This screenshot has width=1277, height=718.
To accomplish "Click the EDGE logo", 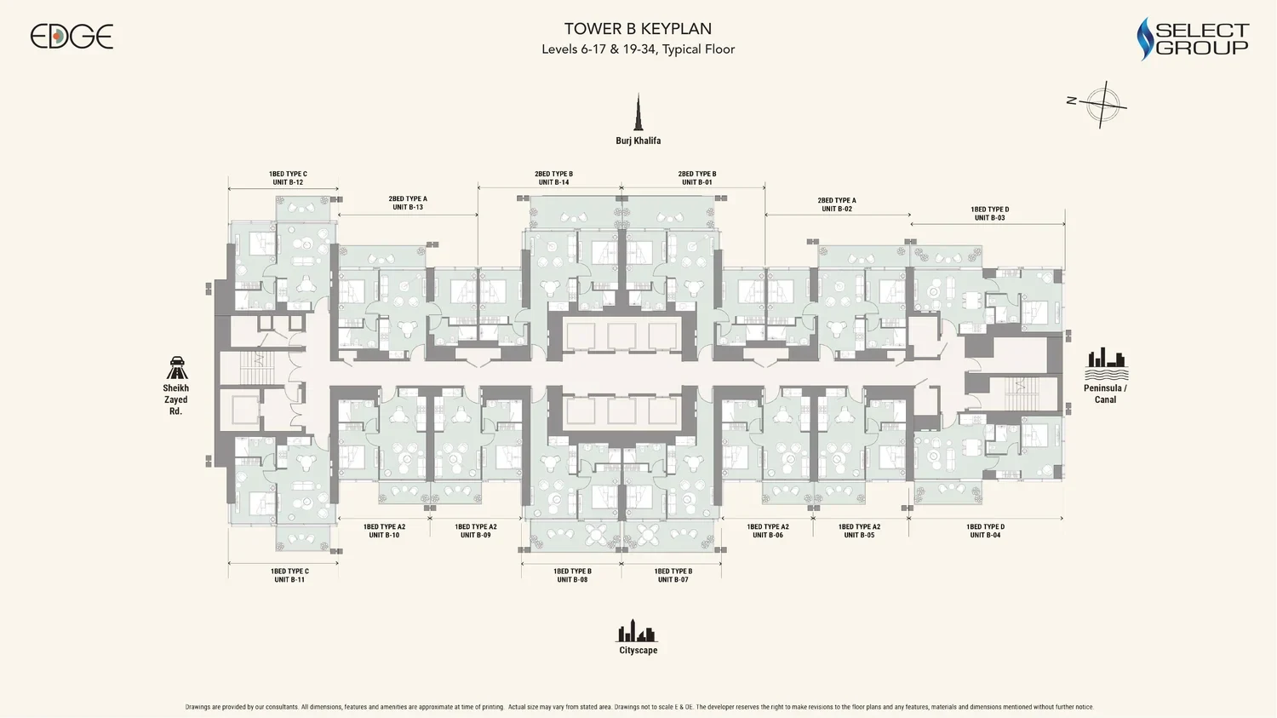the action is tap(72, 37).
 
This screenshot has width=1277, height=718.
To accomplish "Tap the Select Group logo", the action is tap(1193, 39).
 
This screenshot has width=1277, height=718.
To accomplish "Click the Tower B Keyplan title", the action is tap(638, 28).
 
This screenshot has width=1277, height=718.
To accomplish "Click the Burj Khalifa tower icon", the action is tap(638, 112).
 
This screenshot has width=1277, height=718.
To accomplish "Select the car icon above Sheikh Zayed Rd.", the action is tap(177, 368).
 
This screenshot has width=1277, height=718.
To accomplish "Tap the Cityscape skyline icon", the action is tap(637, 630).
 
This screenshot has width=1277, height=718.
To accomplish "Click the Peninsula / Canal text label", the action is tap(1105, 393).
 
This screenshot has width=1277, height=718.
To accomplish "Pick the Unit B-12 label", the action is tap(288, 182).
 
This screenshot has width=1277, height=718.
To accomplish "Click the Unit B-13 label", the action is tap(408, 207).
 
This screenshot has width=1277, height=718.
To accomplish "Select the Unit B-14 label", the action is tap(553, 182).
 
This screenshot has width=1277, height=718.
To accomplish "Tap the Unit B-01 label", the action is tap(696, 182).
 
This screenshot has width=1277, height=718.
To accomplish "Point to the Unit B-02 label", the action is tap(837, 209).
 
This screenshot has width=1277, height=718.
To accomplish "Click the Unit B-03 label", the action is tap(989, 218).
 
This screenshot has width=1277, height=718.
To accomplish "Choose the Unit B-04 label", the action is tap(985, 535).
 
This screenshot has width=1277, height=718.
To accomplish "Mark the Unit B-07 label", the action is tap(673, 579).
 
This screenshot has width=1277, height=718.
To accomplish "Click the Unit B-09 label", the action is tap(475, 535).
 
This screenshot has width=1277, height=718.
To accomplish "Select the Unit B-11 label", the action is tap(289, 579).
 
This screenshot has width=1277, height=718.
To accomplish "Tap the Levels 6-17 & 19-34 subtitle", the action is tap(638, 49).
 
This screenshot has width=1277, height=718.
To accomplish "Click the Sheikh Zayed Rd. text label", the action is tap(175, 399).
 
